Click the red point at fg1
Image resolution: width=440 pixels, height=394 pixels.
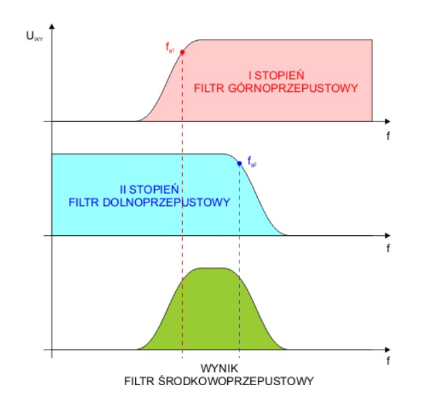182,52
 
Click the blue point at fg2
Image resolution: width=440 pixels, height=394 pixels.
239,163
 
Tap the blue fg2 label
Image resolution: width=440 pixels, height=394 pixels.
252,163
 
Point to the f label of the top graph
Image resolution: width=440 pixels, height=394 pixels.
387,136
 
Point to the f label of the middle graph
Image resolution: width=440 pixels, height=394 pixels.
387,249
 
